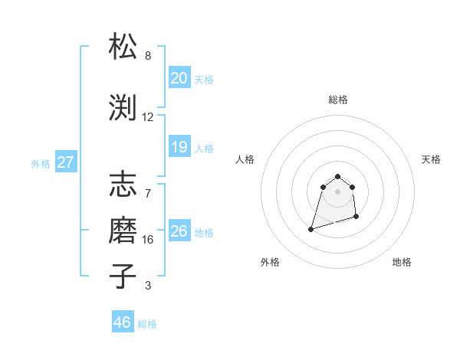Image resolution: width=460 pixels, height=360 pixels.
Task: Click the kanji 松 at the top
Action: tap(123, 47)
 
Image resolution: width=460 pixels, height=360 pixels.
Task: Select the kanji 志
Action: tap(123, 185)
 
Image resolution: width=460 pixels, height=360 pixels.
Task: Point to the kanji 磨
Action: tap(123, 231)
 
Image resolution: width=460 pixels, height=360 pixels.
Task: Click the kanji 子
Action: tap(123, 277)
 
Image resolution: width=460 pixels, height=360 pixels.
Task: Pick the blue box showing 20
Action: tap(179, 78)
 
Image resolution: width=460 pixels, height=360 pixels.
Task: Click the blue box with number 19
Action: tap(179, 147)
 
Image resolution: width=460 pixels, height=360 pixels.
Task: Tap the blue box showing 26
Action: tap(179, 231)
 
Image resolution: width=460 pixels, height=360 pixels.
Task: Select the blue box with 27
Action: tap(65, 162)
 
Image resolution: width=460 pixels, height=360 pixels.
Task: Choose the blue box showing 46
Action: tap(123, 322)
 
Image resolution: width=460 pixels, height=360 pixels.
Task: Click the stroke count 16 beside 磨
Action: tap(148, 240)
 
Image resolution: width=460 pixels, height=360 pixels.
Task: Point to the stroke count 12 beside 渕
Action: tap(148, 117)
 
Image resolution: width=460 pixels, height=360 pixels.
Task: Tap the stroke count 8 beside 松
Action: tap(148, 56)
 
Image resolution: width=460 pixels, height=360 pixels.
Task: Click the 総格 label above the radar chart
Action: tap(337, 100)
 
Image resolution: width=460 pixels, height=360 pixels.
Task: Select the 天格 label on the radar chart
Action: tap(431, 159)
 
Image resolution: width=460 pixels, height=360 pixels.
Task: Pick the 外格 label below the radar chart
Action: tap(269, 262)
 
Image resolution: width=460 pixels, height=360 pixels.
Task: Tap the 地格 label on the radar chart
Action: tap(402, 262)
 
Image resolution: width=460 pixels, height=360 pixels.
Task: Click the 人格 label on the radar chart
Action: tap(245, 159)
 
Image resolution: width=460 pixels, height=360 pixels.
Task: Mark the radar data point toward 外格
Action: tap(311, 228)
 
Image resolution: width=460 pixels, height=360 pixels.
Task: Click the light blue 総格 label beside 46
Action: tap(147, 324)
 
